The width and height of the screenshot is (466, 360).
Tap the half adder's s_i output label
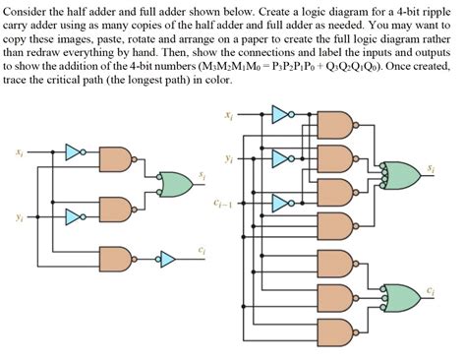pyautogui.click(x=203, y=174)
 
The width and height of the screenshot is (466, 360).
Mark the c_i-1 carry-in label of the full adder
pyautogui.click(x=222, y=204)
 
